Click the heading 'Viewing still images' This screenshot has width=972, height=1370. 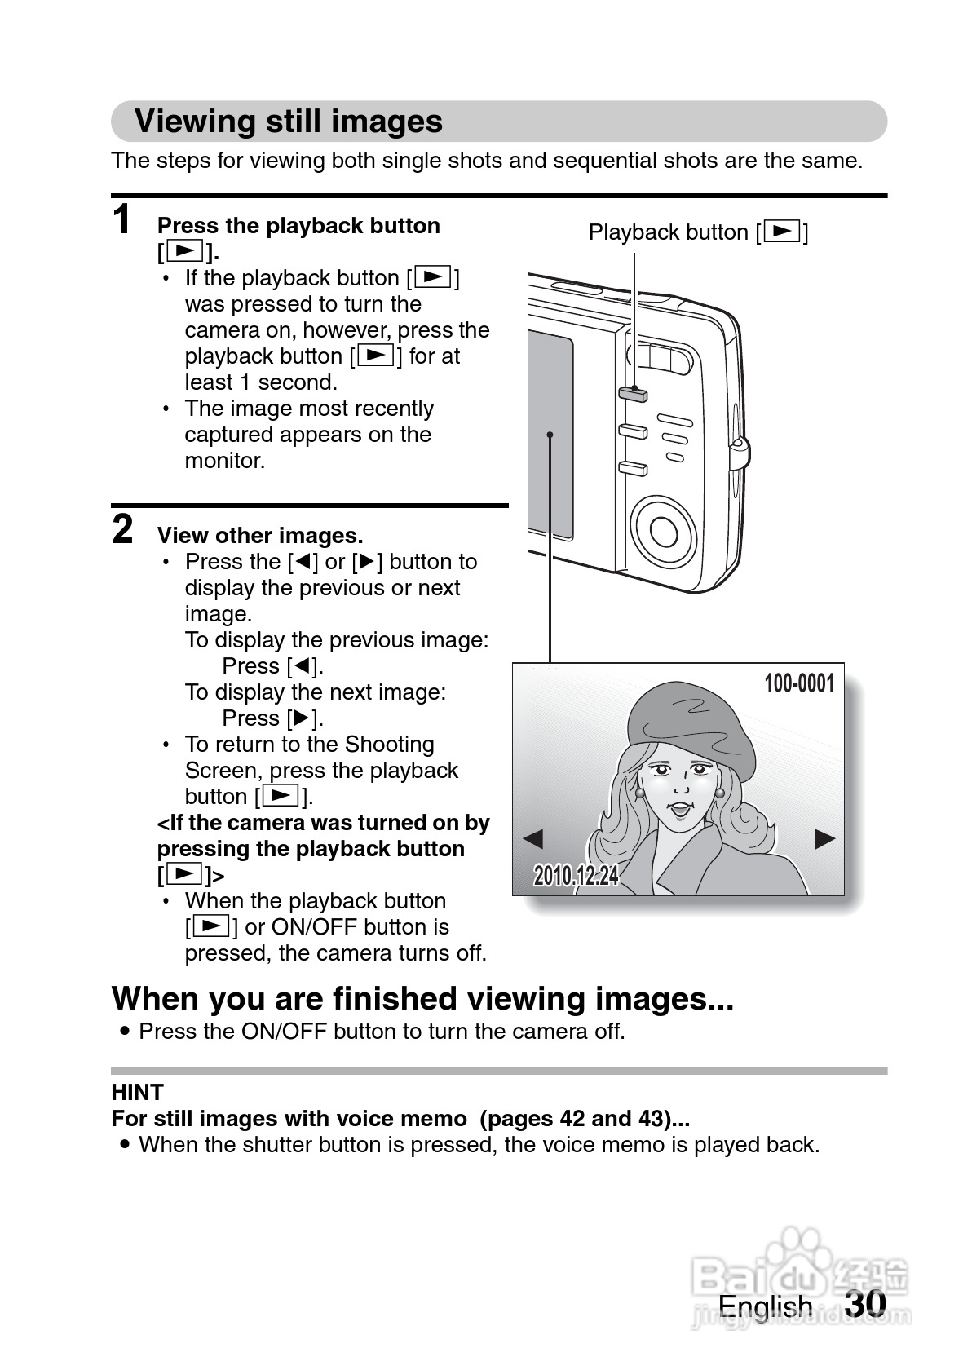point(289,122)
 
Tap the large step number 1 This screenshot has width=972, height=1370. point(122,219)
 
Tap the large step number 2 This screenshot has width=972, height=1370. point(122,529)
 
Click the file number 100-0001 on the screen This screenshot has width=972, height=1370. point(798,683)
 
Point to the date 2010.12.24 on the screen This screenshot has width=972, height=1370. point(576,876)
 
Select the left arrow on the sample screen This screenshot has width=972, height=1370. point(532,838)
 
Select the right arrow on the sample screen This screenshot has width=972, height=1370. point(825,838)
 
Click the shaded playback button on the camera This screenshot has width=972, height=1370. point(633,395)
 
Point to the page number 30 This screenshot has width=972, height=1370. point(865,1303)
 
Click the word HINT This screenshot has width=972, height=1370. point(137,1092)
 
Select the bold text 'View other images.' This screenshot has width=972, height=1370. point(260,536)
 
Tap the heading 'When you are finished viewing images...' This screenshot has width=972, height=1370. point(422,998)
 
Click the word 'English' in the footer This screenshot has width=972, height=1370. point(765,1306)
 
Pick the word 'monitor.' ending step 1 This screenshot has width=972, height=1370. point(225,461)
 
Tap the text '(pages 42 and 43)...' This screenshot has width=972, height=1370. point(585,1118)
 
